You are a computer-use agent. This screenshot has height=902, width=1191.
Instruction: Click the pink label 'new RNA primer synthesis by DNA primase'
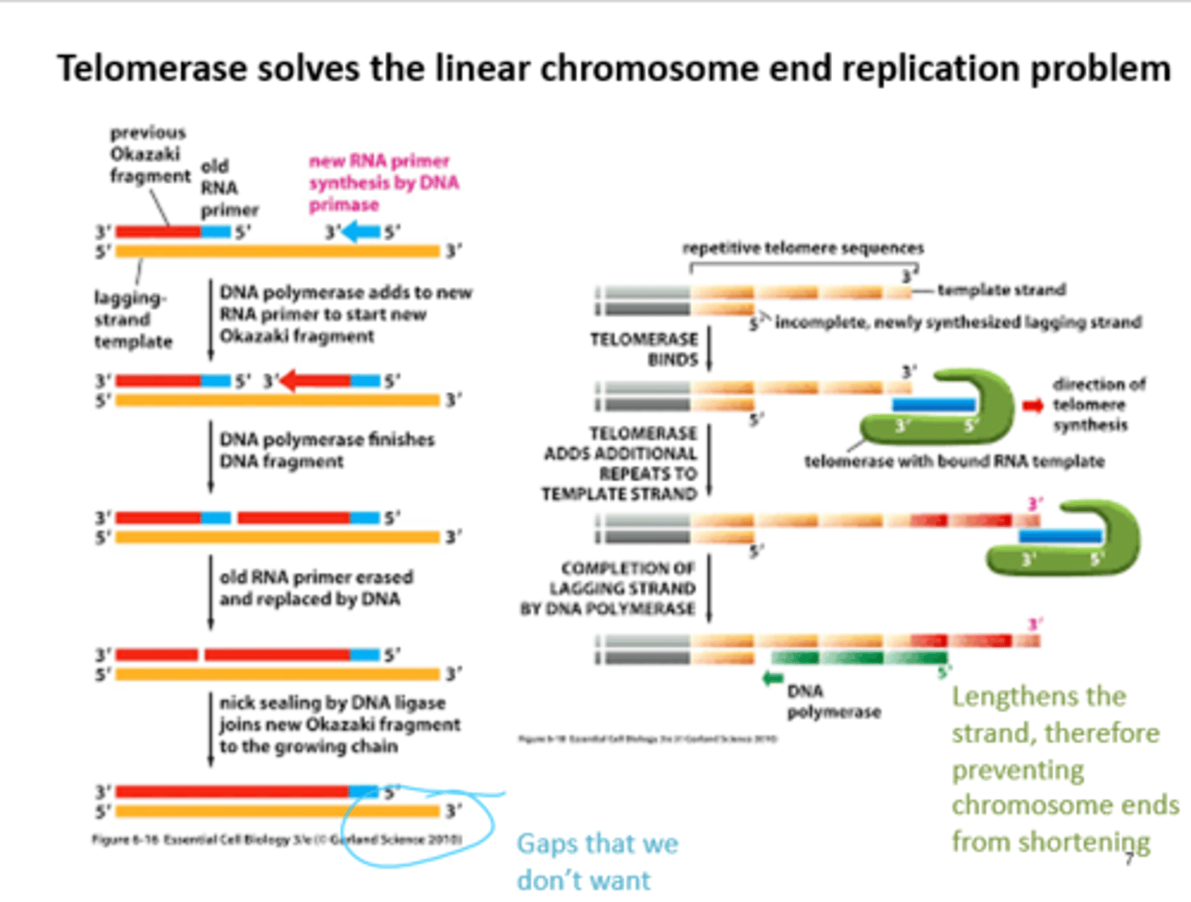(383, 183)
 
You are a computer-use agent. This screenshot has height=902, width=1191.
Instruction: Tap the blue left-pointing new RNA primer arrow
(361, 232)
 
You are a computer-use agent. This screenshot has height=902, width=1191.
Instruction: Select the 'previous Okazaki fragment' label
(149, 155)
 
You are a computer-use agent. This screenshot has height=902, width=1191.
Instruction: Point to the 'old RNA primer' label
(228, 189)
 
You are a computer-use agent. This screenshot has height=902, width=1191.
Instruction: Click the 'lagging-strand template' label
(132, 319)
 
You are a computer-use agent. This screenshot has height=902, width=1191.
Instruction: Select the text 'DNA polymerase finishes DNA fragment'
(326, 451)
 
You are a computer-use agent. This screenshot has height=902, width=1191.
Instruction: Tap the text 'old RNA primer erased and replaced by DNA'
(315, 588)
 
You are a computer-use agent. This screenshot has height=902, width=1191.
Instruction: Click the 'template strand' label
(1001, 290)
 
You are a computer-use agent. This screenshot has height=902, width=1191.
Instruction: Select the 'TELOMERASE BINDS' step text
(644, 349)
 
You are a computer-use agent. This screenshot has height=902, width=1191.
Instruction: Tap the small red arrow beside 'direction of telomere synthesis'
(1032, 405)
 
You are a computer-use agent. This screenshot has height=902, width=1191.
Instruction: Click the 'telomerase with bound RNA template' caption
(954, 461)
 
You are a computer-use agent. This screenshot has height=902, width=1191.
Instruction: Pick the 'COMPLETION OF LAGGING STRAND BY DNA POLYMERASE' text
(609, 589)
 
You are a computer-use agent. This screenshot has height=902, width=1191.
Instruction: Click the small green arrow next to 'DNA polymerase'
(772, 679)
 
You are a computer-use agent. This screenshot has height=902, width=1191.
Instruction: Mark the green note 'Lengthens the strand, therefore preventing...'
(1064, 769)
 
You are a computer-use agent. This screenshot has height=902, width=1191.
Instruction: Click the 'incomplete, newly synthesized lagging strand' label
(958, 322)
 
